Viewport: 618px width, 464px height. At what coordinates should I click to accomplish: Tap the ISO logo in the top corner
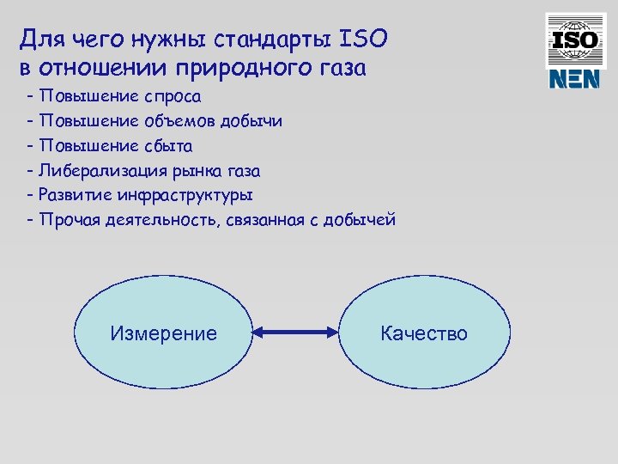[573, 40]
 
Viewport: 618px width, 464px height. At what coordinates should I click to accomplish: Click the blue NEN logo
[573, 79]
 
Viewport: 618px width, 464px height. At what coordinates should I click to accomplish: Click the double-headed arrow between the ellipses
[294, 333]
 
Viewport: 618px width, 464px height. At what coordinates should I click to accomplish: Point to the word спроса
[169, 96]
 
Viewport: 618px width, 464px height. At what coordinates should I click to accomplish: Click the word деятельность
[167, 220]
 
